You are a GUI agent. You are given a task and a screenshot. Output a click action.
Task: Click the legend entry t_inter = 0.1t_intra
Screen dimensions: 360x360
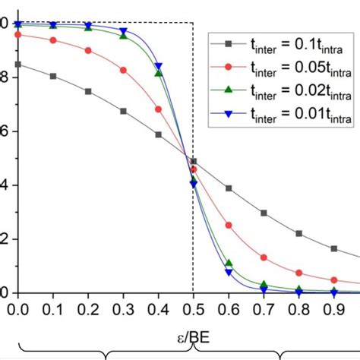click(281, 46)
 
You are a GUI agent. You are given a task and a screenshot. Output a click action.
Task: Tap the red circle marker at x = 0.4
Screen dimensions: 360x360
click(158, 109)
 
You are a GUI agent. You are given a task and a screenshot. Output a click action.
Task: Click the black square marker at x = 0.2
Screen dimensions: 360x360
click(88, 91)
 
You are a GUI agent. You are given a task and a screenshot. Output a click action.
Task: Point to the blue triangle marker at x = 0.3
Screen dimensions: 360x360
click(123, 32)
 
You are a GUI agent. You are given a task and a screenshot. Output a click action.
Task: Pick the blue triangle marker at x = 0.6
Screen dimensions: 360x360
click(229, 272)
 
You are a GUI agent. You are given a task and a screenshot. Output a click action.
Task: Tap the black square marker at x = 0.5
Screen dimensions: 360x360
click(194, 162)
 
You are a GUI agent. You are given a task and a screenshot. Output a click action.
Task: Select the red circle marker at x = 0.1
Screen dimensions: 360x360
click(53, 40)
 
